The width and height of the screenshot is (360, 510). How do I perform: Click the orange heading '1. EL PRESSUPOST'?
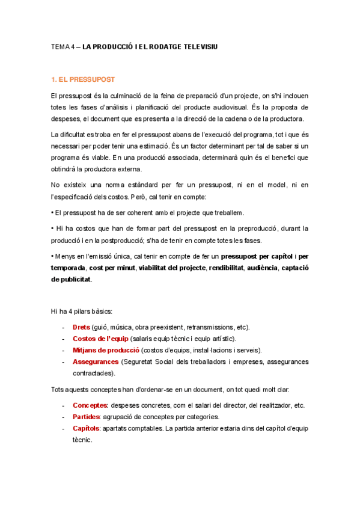tap(83, 79)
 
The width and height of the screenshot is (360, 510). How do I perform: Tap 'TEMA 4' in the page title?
tap(61, 46)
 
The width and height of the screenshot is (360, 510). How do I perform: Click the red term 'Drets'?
tap(81, 327)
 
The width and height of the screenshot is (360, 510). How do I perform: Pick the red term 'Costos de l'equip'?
tap(96, 339)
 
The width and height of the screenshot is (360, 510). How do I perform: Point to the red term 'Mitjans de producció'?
tap(106, 350)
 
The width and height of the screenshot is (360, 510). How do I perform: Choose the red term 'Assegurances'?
tap(95, 361)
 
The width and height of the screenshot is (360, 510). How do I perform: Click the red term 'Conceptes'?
tap(90, 405)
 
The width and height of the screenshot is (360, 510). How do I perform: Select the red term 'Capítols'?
tap(87, 428)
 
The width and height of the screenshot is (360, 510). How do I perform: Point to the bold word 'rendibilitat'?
tap(228, 268)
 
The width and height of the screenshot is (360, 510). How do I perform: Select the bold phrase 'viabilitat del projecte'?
tap(172, 268)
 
